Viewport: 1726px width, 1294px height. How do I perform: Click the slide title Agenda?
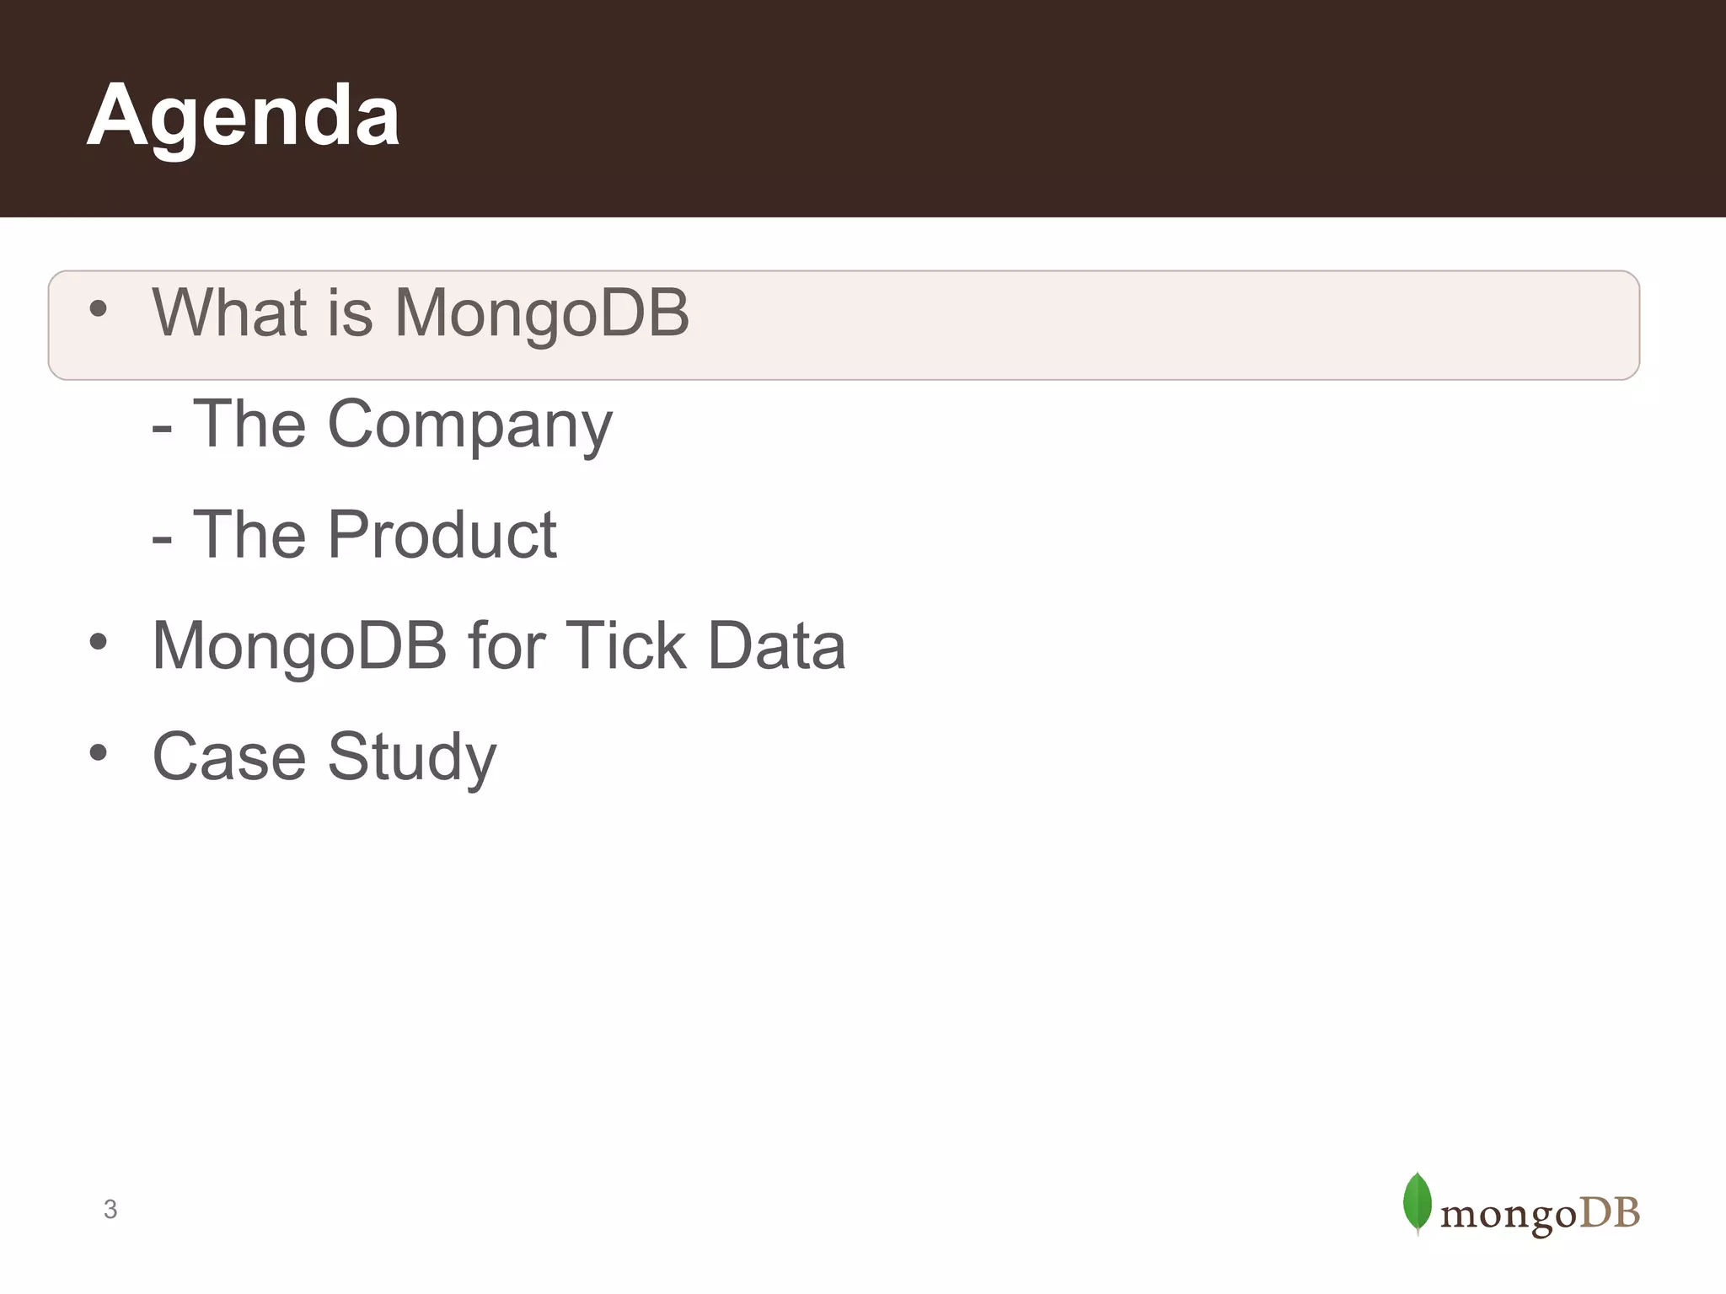(x=243, y=115)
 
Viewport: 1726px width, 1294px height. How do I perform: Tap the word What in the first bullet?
(x=228, y=313)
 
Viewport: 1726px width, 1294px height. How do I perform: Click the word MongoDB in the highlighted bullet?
(x=542, y=313)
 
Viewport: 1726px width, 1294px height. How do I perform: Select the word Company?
(x=469, y=425)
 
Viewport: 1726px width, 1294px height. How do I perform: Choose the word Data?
(x=776, y=645)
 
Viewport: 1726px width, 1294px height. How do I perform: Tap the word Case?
(x=228, y=756)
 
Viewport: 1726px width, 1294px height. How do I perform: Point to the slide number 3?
(x=110, y=1209)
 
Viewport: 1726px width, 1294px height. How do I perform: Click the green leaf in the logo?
(x=1417, y=1202)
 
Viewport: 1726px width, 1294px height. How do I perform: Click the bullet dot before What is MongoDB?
(x=98, y=309)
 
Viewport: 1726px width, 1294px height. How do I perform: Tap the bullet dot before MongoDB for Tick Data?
(x=98, y=642)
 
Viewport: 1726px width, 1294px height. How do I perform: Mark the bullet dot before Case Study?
(x=98, y=752)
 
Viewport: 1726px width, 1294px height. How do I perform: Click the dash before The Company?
(x=162, y=429)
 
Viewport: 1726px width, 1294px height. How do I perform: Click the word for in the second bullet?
(x=506, y=645)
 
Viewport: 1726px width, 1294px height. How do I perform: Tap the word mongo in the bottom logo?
(x=1508, y=1216)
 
